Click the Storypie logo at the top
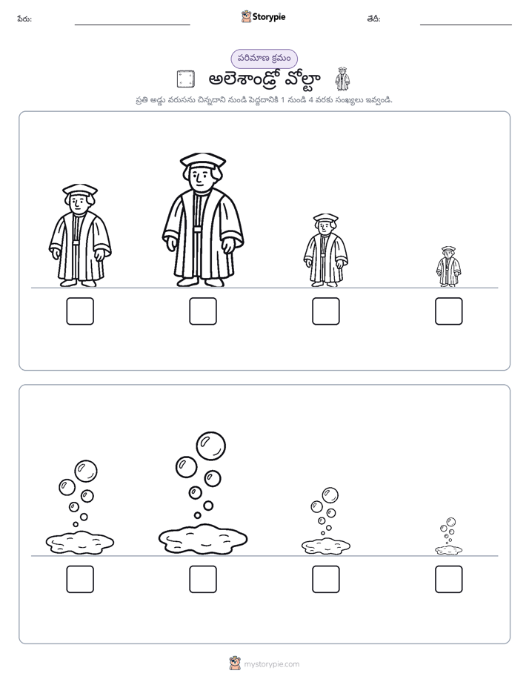point(263,16)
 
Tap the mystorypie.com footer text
point(271,664)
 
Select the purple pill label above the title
point(264,59)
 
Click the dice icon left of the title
point(185,79)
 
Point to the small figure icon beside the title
point(342,79)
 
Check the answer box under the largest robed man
point(203,311)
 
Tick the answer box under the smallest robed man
point(449,311)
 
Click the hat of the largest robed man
point(203,160)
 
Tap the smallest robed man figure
point(449,266)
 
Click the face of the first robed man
point(79,202)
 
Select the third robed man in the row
point(325,250)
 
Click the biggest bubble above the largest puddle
point(211,446)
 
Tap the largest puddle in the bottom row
point(203,540)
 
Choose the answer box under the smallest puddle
point(449,579)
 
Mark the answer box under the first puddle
point(80,579)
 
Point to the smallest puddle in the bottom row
point(449,550)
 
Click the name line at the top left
point(132,25)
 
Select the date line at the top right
point(466,25)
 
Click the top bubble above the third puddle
point(330,496)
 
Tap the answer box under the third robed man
point(326,311)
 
